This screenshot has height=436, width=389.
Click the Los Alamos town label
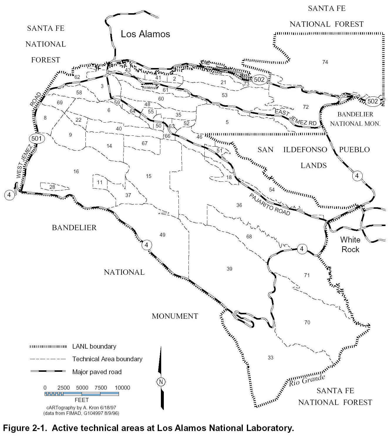(x=145, y=34)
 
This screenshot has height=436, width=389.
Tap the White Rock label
(x=350, y=244)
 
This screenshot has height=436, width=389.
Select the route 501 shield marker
(x=37, y=138)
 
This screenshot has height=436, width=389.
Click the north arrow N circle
(x=161, y=381)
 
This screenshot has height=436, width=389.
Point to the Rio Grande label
(x=307, y=381)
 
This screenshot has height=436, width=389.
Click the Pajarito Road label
(x=270, y=204)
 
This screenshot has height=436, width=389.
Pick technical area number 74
(x=325, y=62)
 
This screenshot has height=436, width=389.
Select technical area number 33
(x=270, y=357)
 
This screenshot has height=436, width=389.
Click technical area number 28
(x=52, y=187)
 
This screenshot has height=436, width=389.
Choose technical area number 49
(x=162, y=235)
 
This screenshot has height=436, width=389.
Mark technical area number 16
(x=76, y=171)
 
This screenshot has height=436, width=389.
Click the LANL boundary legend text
(x=94, y=346)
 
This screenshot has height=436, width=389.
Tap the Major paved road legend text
(x=97, y=372)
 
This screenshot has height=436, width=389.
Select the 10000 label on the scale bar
(x=122, y=388)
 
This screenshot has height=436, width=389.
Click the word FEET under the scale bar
(x=82, y=400)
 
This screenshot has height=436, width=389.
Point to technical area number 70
(x=307, y=323)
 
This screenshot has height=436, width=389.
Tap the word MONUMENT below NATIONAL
(x=175, y=316)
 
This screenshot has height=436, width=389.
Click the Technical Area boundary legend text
(x=107, y=359)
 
